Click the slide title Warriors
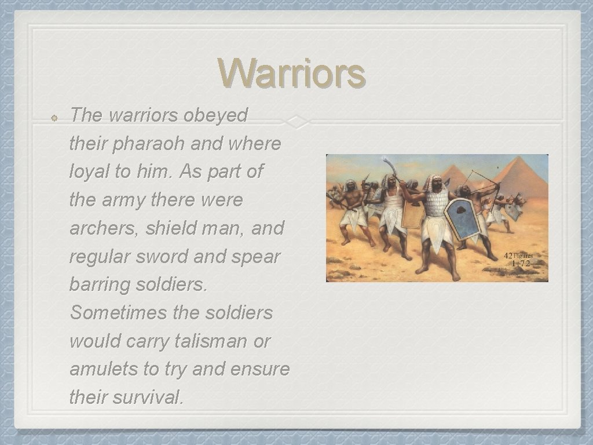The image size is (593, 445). click(292, 74)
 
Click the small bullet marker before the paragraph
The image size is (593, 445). click(53, 116)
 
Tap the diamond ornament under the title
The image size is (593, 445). click(297, 122)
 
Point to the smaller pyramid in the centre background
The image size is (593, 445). click(457, 176)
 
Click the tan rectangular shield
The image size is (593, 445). click(413, 215)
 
